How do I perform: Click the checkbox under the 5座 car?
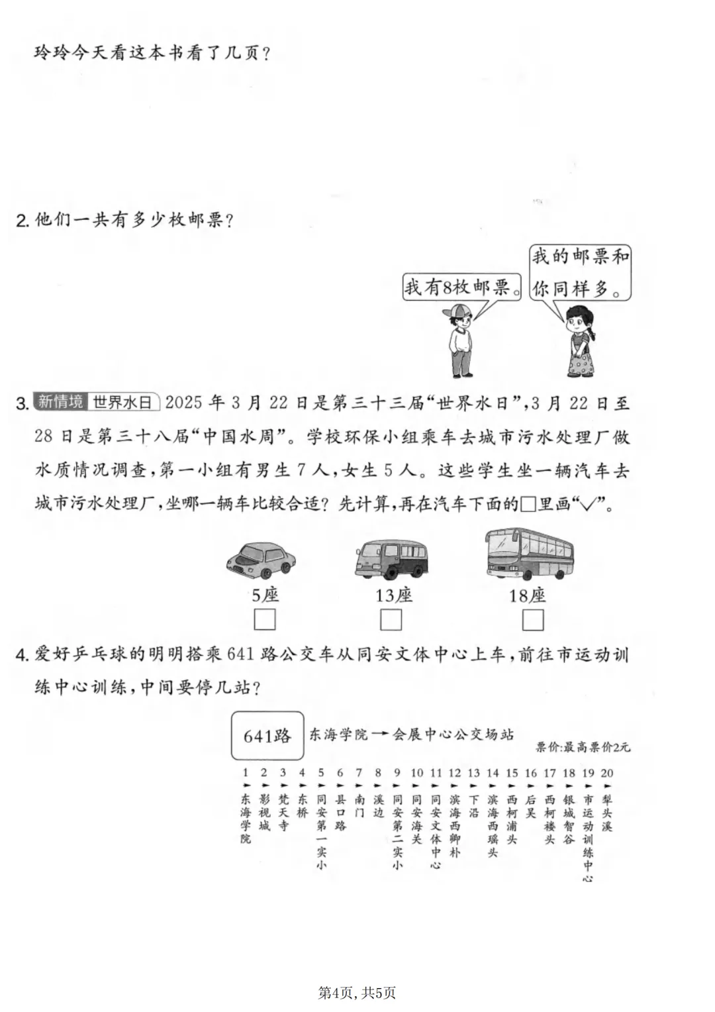point(265,620)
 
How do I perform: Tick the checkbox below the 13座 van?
point(391,620)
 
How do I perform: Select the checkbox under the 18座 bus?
point(533,620)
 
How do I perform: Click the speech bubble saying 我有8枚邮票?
point(461,287)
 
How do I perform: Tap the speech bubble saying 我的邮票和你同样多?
point(580,272)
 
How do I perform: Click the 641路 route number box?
point(267,736)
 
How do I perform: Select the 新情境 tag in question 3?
point(60,401)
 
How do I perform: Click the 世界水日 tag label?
point(123,401)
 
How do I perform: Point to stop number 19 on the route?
point(588,773)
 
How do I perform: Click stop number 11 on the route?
point(436,773)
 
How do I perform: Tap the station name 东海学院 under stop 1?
point(246,819)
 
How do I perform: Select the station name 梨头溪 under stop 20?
point(607,813)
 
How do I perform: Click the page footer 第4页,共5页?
point(357,993)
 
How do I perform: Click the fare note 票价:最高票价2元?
point(583,748)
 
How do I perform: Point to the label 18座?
point(528,595)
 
